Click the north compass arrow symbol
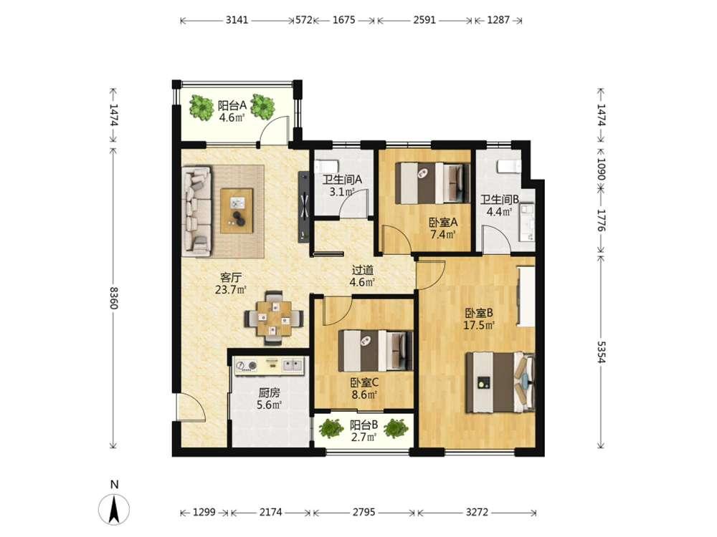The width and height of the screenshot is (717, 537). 114,508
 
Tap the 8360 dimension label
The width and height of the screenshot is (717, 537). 114,297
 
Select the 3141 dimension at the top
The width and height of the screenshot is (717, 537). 237,20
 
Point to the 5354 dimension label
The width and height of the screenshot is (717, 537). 601,352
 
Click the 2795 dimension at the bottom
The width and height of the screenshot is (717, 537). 364,513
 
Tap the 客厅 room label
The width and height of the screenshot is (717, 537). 231,277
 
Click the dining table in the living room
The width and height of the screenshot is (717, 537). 274,317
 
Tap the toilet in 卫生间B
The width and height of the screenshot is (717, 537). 508,167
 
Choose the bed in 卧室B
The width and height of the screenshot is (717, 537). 500,382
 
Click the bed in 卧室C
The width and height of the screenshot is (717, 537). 375,351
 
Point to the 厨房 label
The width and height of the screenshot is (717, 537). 269,392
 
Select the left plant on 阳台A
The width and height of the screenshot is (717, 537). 201,108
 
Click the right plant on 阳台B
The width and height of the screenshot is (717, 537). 396,428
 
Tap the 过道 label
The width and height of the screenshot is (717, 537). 363,271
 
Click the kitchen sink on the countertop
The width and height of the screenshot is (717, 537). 293,365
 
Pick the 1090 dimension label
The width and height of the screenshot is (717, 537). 601,170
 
